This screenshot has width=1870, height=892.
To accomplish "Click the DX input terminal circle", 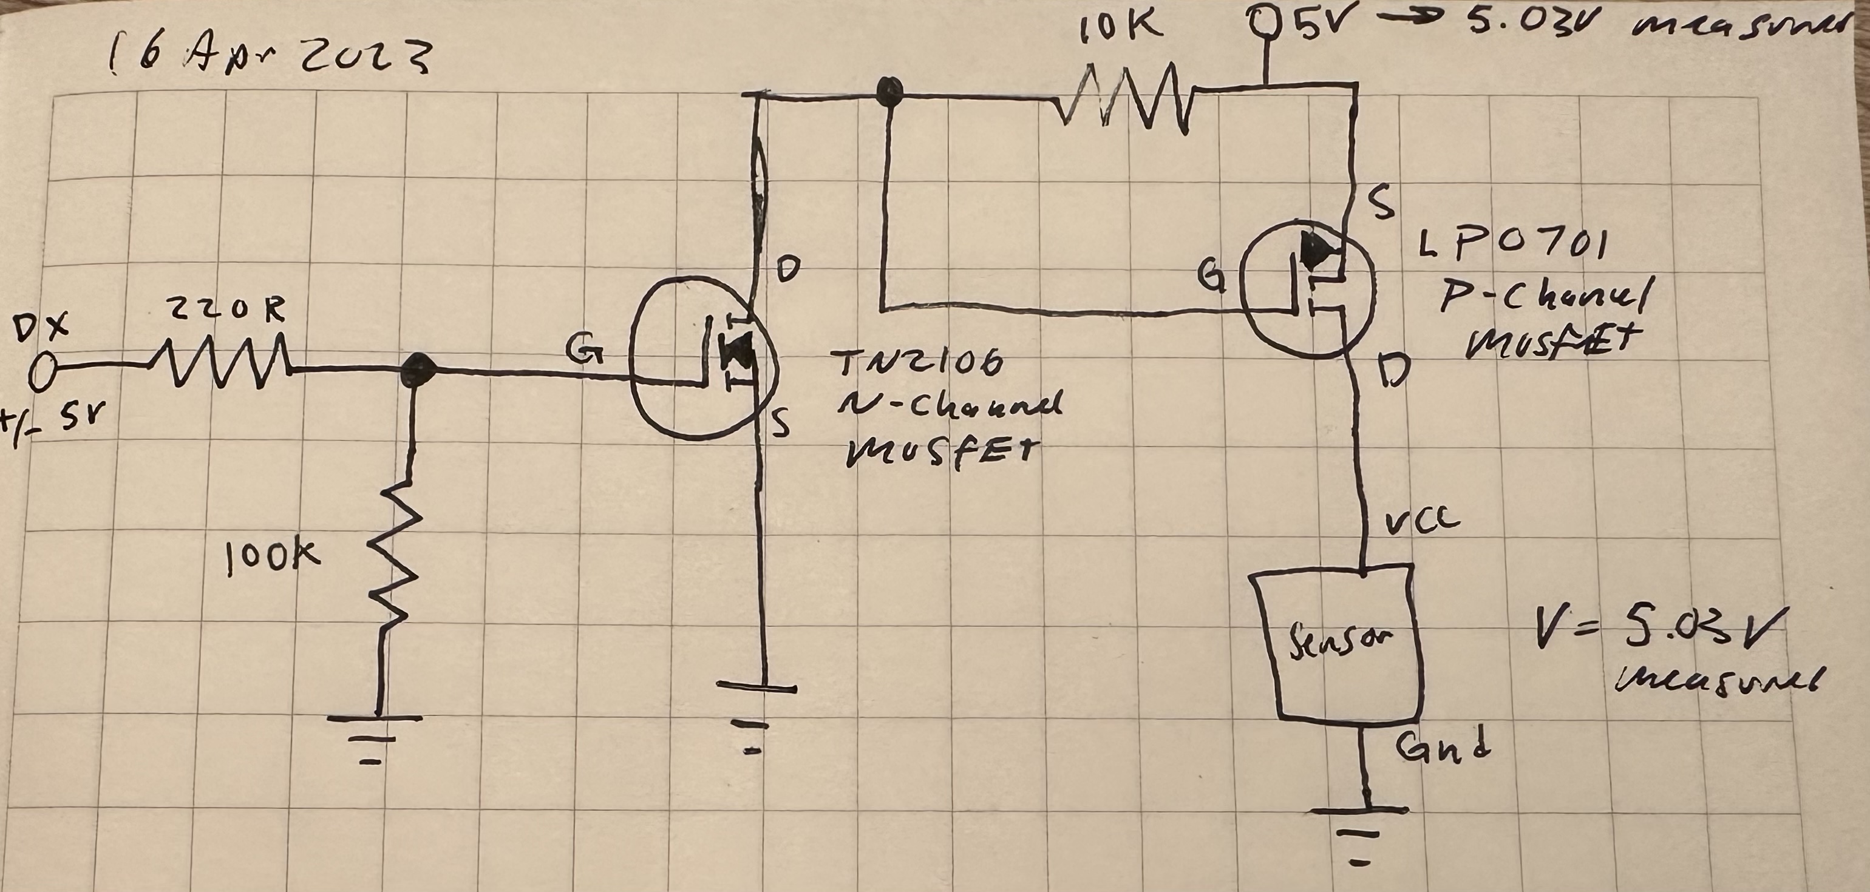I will pos(42,373).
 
